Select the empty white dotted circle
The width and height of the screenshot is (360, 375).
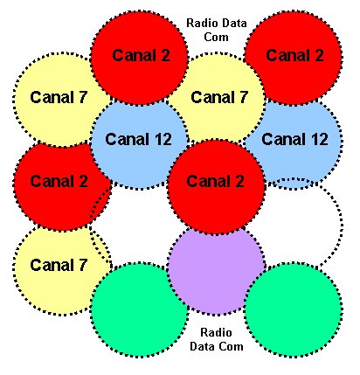(x=294, y=225)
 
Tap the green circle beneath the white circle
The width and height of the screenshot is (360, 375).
(x=293, y=309)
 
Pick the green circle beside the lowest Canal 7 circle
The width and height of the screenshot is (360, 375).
(x=139, y=309)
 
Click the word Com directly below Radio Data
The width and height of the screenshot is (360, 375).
(x=216, y=37)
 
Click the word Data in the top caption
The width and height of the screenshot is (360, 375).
(x=232, y=23)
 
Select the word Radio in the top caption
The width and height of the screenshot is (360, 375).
(x=202, y=23)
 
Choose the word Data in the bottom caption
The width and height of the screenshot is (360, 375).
(x=202, y=346)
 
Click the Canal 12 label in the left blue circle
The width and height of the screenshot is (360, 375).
(x=138, y=139)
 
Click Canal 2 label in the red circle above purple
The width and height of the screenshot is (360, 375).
(x=215, y=181)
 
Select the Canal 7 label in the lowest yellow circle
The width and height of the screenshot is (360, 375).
(x=59, y=265)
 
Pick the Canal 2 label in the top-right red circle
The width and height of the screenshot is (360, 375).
(x=294, y=55)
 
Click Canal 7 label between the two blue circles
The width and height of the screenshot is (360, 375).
(x=219, y=97)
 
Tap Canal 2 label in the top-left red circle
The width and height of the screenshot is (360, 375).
(x=141, y=55)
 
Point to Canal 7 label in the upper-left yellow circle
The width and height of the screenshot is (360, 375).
(x=59, y=97)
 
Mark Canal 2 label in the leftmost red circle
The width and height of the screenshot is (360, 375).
(x=59, y=181)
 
